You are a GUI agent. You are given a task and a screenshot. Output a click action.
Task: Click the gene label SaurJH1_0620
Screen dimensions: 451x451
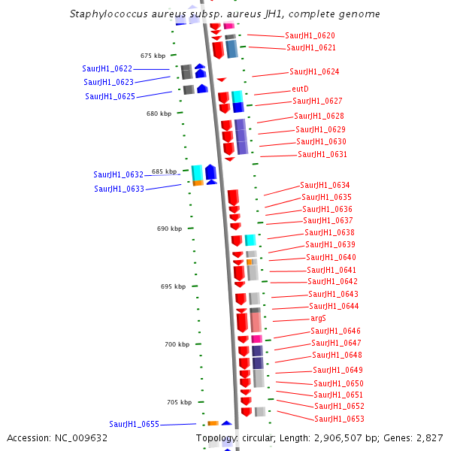pyautogui.click(x=310, y=35)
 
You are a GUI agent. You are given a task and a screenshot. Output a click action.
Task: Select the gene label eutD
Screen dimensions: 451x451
pyautogui.click(x=300, y=89)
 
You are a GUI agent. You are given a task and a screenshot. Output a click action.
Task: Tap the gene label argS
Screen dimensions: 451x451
pyautogui.click(x=318, y=319)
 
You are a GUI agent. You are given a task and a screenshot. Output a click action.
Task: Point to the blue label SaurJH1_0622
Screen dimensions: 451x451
pyautogui.click(x=107, y=68)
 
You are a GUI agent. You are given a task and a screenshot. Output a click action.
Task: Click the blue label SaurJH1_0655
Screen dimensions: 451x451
pyautogui.click(x=134, y=424)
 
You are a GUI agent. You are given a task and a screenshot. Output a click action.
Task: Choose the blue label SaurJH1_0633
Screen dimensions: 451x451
pyautogui.click(x=119, y=189)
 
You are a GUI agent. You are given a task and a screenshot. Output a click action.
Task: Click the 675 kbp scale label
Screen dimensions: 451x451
pyautogui.click(x=153, y=56)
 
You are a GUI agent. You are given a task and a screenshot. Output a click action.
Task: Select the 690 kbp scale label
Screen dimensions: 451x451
pyautogui.click(x=170, y=229)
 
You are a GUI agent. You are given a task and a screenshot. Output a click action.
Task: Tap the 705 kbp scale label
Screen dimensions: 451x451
pyautogui.click(x=180, y=402)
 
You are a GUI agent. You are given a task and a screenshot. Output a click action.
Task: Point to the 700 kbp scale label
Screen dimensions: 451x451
pyautogui.click(x=177, y=344)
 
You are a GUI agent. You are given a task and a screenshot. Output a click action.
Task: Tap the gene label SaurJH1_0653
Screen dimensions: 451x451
pyautogui.click(x=339, y=419)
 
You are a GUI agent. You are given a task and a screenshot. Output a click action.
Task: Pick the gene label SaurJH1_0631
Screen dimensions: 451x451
pyautogui.click(x=322, y=154)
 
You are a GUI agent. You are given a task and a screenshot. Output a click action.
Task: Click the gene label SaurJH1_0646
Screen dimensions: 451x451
pyautogui.click(x=335, y=331)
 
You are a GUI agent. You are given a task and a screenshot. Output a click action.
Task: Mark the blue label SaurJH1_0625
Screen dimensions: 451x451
pyautogui.click(x=110, y=96)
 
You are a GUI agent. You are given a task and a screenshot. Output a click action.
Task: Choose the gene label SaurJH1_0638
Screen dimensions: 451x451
pyautogui.click(x=329, y=233)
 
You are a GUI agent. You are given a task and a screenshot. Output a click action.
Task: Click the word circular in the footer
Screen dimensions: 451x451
pyautogui.click(x=260, y=437)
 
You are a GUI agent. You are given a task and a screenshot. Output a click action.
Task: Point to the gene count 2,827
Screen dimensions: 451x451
pyautogui.click(x=430, y=437)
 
